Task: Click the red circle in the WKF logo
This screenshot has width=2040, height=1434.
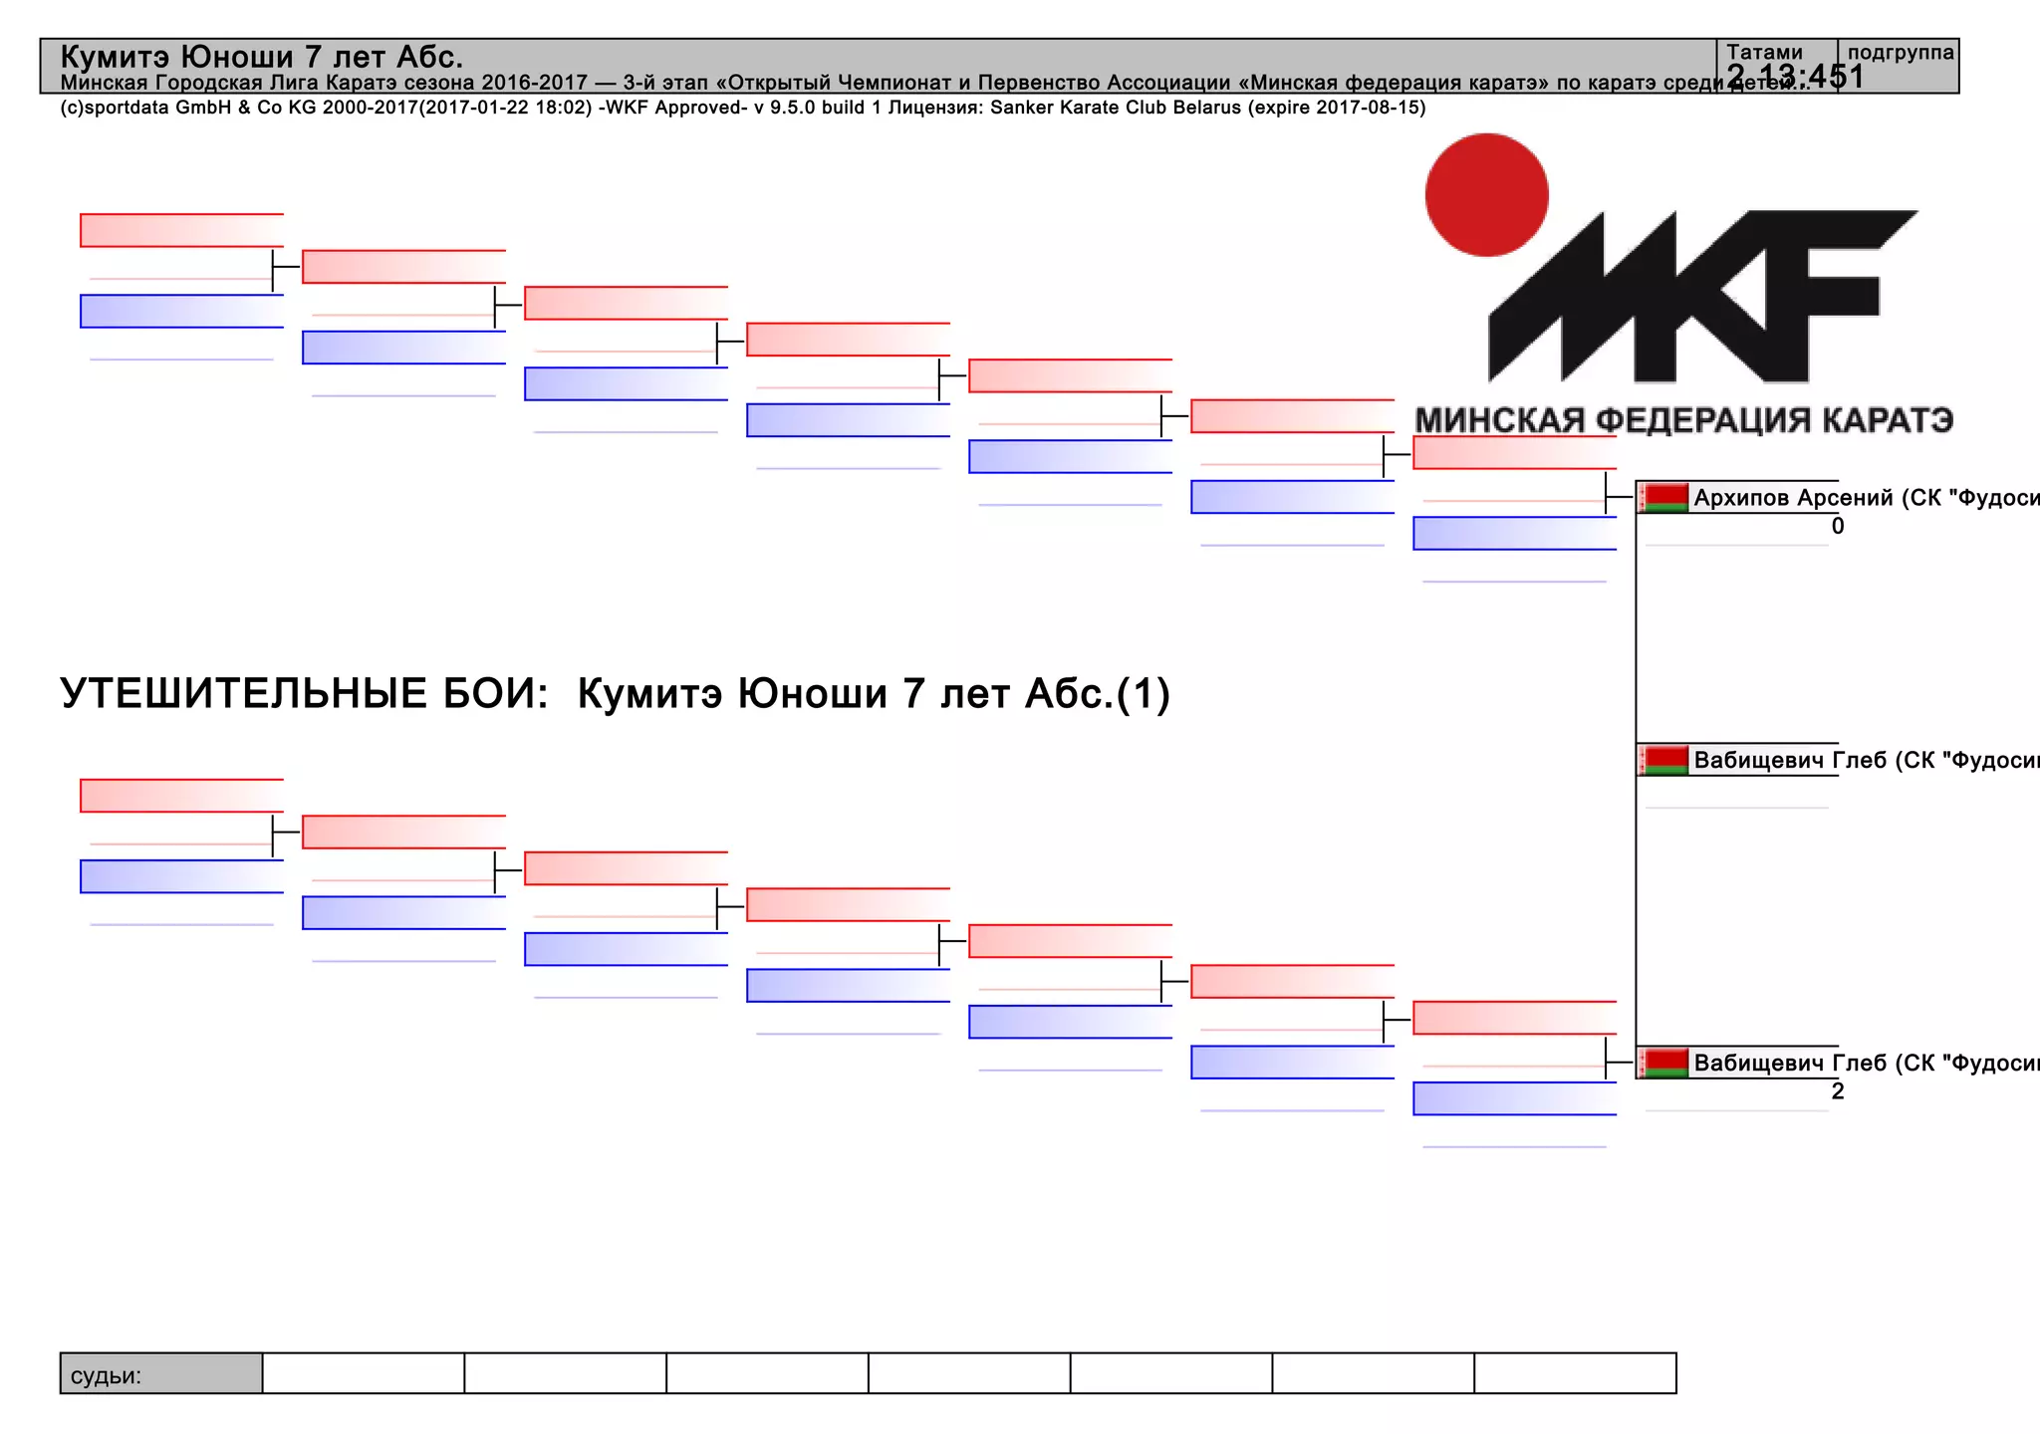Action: click(x=1486, y=195)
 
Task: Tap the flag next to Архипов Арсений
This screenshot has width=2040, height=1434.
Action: click(x=1664, y=497)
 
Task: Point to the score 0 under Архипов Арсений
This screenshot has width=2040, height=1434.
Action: click(x=1838, y=527)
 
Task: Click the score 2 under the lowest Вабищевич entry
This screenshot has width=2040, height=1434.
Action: click(x=1838, y=1091)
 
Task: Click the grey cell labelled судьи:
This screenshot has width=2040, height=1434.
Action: click(x=161, y=1374)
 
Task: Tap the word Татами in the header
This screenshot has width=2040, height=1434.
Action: click(x=1764, y=53)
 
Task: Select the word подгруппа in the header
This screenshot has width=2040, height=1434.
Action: click(x=1901, y=53)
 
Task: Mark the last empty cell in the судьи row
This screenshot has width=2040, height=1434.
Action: click(x=1575, y=1374)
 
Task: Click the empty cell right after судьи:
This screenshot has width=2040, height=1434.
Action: click(x=364, y=1374)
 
